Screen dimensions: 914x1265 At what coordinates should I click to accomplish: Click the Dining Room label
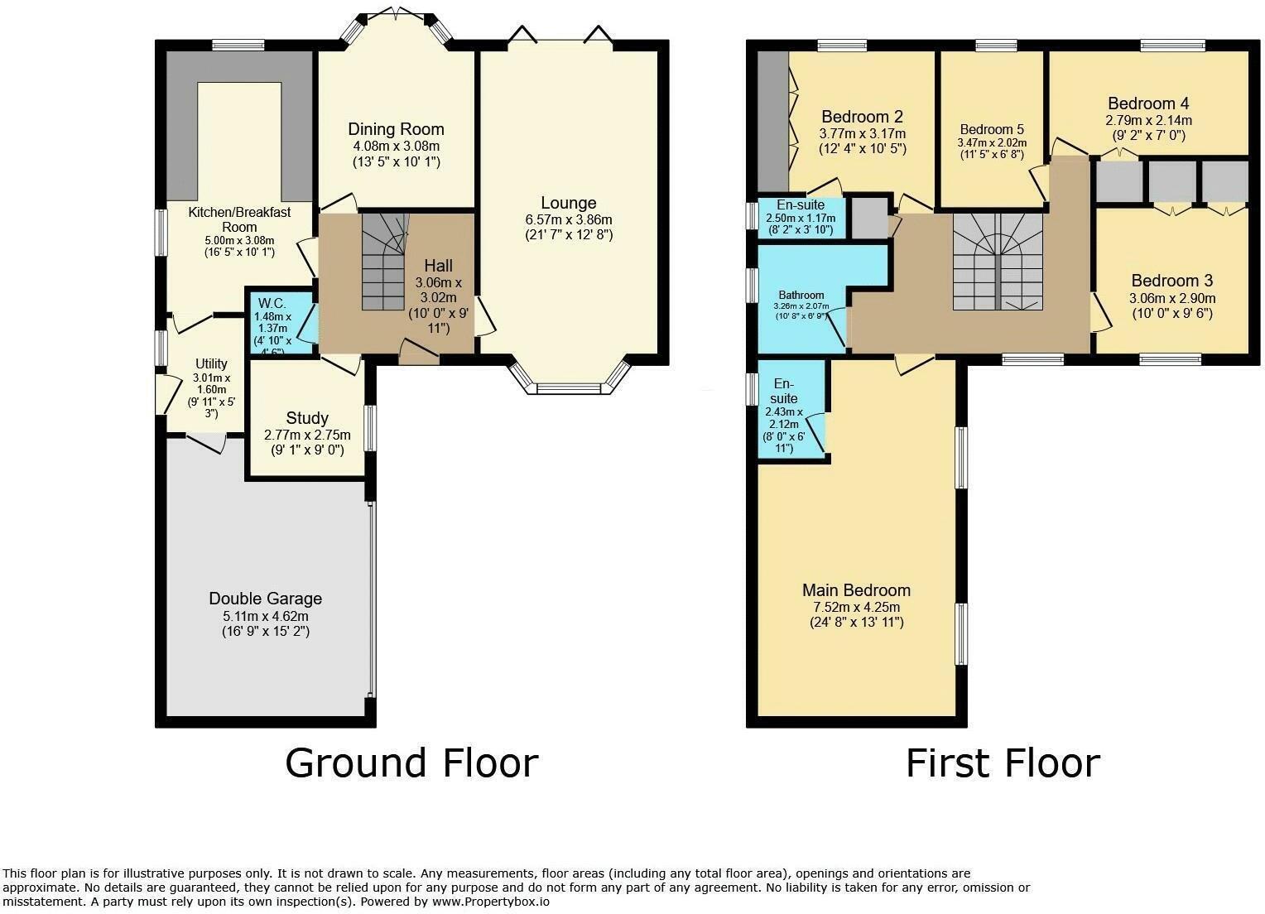click(396, 129)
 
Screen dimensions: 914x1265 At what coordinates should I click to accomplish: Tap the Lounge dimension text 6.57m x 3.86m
click(568, 219)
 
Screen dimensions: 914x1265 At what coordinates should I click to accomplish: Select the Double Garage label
click(265, 599)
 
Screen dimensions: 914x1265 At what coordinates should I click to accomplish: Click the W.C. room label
click(272, 302)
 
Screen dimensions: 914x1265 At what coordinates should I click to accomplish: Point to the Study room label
click(307, 418)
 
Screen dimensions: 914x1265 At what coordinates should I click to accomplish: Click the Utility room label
click(211, 363)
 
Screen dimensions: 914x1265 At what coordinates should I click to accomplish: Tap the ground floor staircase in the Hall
click(384, 261)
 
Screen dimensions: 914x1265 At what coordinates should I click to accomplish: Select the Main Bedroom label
click(856, 590)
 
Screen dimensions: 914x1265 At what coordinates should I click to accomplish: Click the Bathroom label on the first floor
click(801, 295)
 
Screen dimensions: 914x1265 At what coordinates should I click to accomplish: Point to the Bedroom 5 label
click(992, 129)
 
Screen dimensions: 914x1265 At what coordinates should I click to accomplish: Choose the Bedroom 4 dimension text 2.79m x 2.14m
click(1148, 120)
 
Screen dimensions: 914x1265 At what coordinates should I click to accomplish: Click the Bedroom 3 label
click(1171, 281)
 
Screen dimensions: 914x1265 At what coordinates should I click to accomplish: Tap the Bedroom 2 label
click(862, 117)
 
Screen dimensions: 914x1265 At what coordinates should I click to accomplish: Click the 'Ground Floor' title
click(411, 762)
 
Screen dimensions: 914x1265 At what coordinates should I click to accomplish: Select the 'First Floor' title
click(1003, 762)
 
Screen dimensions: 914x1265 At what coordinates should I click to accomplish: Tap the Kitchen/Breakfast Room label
click(239, 219)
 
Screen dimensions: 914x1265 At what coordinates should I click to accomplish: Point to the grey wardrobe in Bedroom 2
click(772, 121)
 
